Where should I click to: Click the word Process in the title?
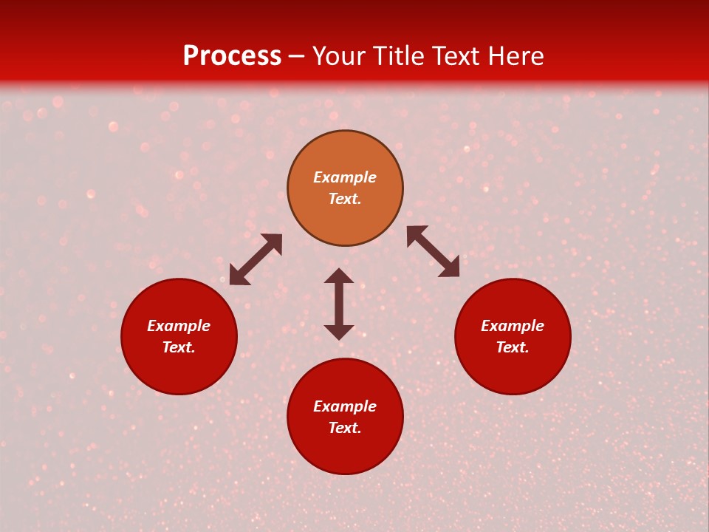click(232, 56)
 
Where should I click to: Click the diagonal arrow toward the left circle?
click(256, 259)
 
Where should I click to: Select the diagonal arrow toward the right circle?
click(433, 251)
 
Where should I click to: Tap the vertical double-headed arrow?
click(339, 304)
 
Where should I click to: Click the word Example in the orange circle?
click(345, 177)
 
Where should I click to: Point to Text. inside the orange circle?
click(345, 199)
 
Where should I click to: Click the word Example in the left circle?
click(179, 326)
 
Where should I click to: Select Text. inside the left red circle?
click(179, 347)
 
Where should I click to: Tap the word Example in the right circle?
click(513, 326)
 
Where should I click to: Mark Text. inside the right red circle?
click(513, 347)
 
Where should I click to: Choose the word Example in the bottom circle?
click(345, 406)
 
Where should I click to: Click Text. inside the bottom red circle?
click(345, 428)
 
